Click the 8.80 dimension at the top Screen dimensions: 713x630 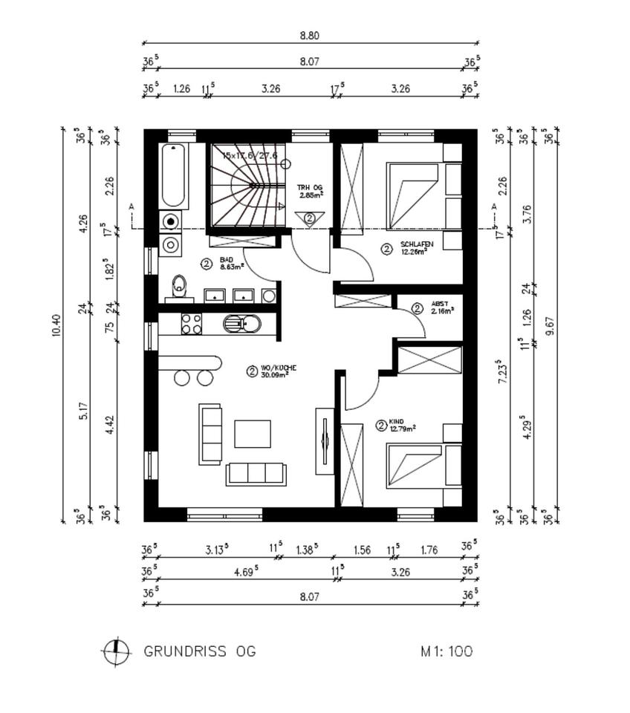pos(310,35)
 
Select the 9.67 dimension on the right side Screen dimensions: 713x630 pos(550,325)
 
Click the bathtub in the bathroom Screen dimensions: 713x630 pos(174,176)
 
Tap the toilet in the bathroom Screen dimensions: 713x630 pos(179,285)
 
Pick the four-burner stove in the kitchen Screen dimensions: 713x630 pos(191,323)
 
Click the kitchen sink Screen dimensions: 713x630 pos(242,324)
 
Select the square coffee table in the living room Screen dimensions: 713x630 pos(253,434)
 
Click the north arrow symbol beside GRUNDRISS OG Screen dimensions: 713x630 pos(115,651)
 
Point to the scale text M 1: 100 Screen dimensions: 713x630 pos(446,651)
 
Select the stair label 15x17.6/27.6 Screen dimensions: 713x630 pos(250,155)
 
